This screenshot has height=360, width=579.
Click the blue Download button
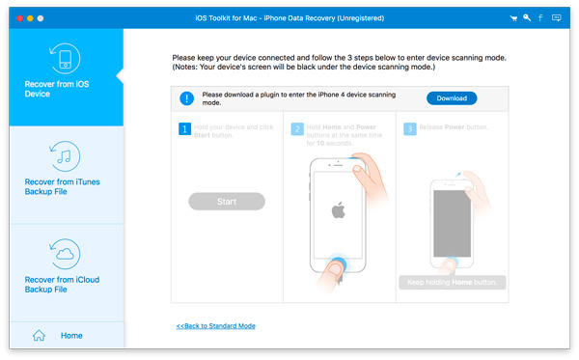point(452,97)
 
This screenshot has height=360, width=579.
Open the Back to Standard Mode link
point(216,326)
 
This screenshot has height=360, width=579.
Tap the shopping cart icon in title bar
point(512,18)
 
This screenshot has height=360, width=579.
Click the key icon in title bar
point(527,18)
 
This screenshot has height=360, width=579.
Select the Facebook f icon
point(541,18)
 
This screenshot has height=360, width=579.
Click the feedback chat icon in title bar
point(556,18)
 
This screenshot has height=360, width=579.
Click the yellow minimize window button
point(30,18)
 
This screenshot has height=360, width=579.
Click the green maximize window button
point(42,18)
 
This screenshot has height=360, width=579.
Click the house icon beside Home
point(40,336)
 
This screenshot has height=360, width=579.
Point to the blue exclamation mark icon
point(186,97)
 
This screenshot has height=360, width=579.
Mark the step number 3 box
point(409,127)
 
